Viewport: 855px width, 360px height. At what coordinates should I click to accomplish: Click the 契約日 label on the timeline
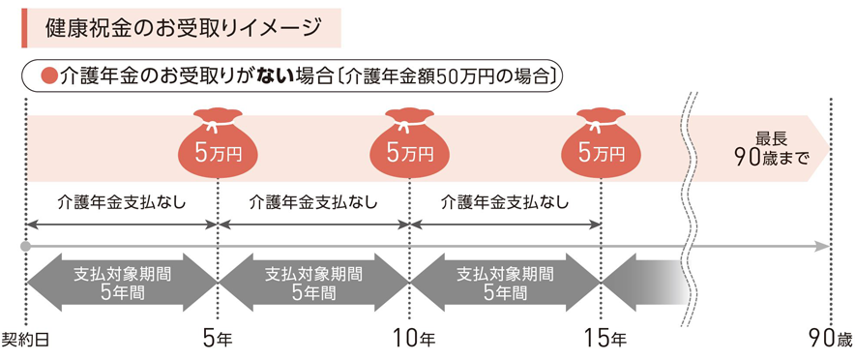[26, 339]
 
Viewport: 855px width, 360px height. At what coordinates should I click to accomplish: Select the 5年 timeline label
[218, 339]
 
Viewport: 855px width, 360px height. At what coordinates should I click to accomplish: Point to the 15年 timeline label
[604, 339]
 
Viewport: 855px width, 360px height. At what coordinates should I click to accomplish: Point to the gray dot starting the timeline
[26, 248]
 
